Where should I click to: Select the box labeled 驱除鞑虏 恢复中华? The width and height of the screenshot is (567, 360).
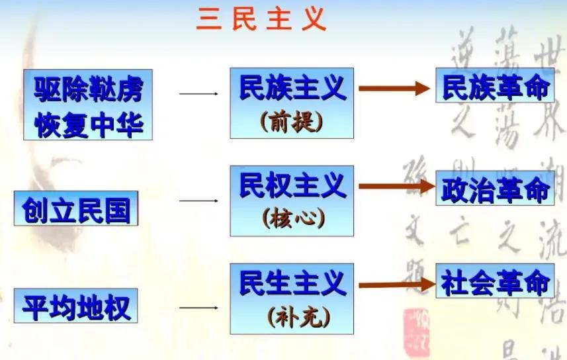click(88, 104)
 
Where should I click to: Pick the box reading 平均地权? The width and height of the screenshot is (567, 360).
click(75, 306)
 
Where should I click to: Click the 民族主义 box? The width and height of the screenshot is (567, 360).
click(292, 103)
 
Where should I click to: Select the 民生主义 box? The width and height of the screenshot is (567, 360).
click(292, 298)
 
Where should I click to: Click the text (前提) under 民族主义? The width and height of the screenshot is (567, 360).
click(292, 121)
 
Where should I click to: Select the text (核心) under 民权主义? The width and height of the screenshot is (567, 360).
click(292, 219)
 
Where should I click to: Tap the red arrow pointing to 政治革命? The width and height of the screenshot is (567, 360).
click(394, 188)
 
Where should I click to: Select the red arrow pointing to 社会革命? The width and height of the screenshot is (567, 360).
click(394, 285)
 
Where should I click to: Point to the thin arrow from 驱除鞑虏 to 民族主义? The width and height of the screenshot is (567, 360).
click(198, 94)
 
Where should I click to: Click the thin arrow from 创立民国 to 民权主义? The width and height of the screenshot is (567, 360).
click(198, 201)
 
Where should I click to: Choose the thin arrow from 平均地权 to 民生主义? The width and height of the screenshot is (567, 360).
click(198, 308)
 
